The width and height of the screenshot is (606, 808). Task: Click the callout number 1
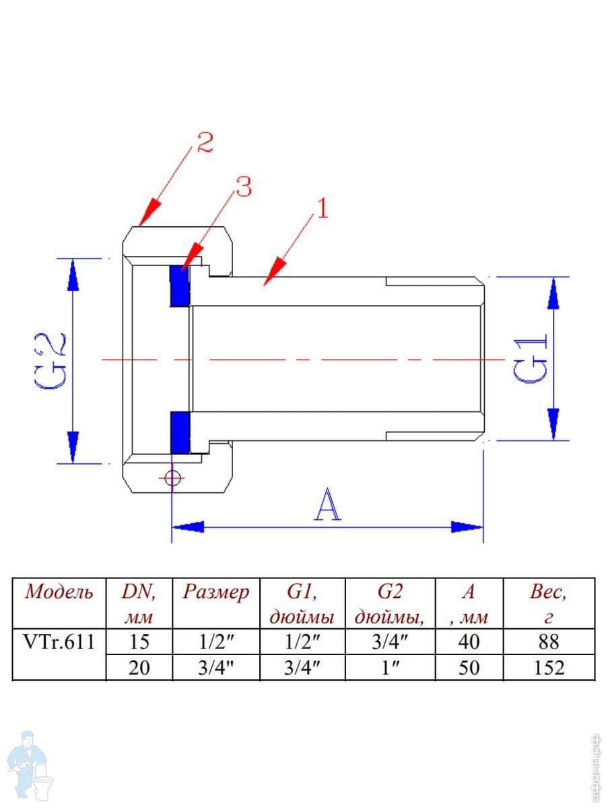[x=322, y=208]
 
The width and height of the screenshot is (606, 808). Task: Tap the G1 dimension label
[x=530, y=360]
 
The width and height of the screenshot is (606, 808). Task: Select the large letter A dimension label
[x=327, y=505]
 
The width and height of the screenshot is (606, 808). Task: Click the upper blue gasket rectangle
[x=180, y=286]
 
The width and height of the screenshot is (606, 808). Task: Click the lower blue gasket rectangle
[x=180, y=432]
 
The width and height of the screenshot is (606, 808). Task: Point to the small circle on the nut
[x=172, y=478]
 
